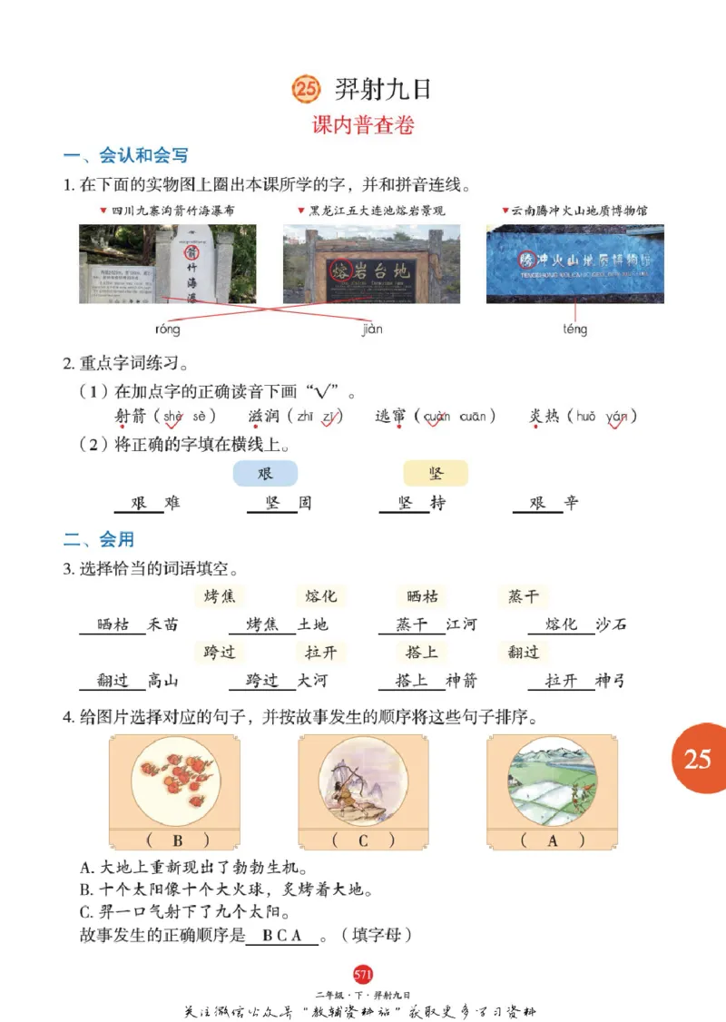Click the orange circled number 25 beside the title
pyautogui.click(x=307, y=89)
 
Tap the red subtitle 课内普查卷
pyautogui.click(x=363, y=126)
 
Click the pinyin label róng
pyautogui.click(x=168, y=329)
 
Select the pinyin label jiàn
pyautogui.click(x=372, y=329)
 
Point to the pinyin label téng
pyautogui.click(x=574, y=329)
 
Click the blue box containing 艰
pyautogui.click(x=265, y=474)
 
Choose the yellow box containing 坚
pyautogui.click(x=436, y=474)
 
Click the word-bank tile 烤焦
pyautogui.click(x=220, y=596)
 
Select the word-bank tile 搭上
pyautogui.click(x=422, y=652)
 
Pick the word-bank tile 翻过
pyautogui.click(x=524, y=652)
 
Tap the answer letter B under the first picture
pyautogui.click(x=177, y=840)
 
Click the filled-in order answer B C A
pyautogui.click(x=282, y=936)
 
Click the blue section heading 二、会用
pyautogui.click(x=99, y=540)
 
